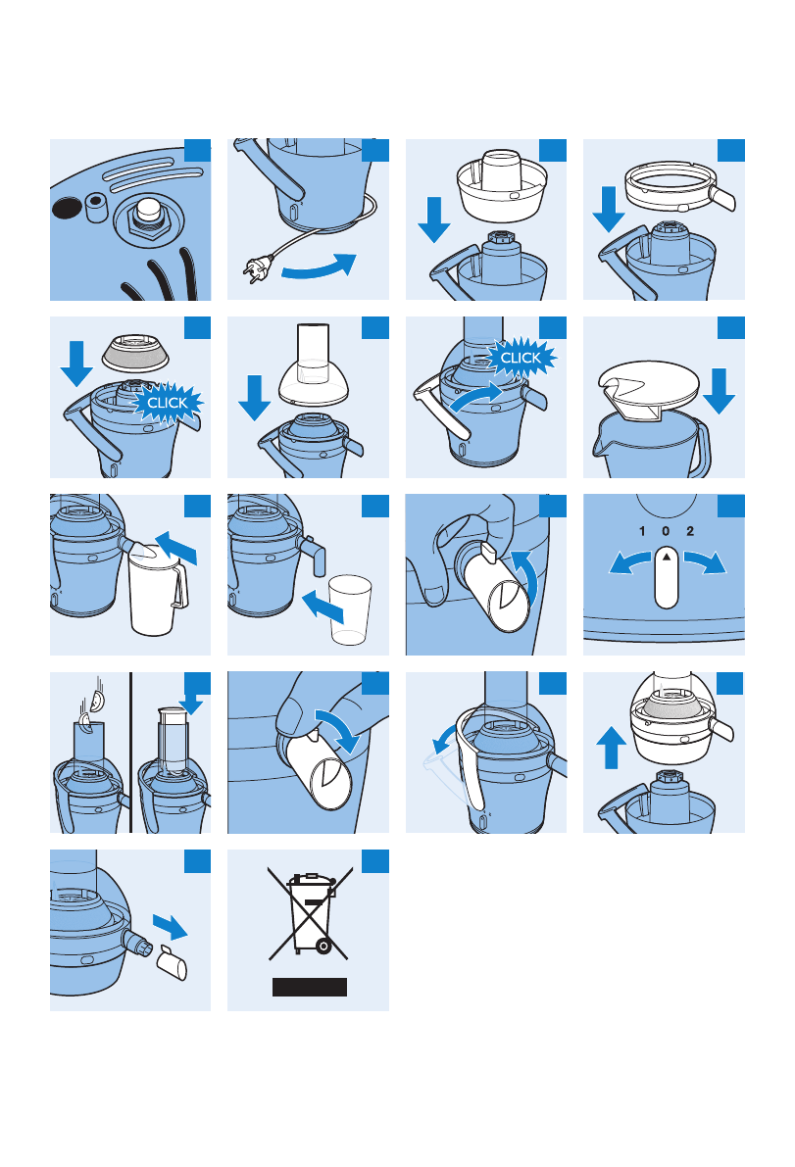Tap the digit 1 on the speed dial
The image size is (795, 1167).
[x=642, y=531]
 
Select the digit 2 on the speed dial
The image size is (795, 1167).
[x=690, y=531]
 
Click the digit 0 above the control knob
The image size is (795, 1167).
[x=666, y=531]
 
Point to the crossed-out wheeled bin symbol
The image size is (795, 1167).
[x=308, y=914]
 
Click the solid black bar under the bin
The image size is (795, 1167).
[x=310, y=987]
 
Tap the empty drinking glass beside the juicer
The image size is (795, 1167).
[x=349, y=608]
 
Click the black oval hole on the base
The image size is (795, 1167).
[x=67, y=208]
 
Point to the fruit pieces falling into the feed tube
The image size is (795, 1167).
[x=92, y=708]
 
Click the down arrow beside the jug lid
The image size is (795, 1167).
[x=720, y=392]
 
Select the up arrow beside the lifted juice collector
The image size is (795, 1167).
[x=611, y=748]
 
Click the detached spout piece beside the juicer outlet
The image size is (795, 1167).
[x=172, y=962]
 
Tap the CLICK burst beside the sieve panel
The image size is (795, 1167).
[x=167, y=403]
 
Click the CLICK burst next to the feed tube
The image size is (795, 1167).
[x=521, y=358]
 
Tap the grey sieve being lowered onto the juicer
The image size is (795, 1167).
[x=134, y=353]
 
